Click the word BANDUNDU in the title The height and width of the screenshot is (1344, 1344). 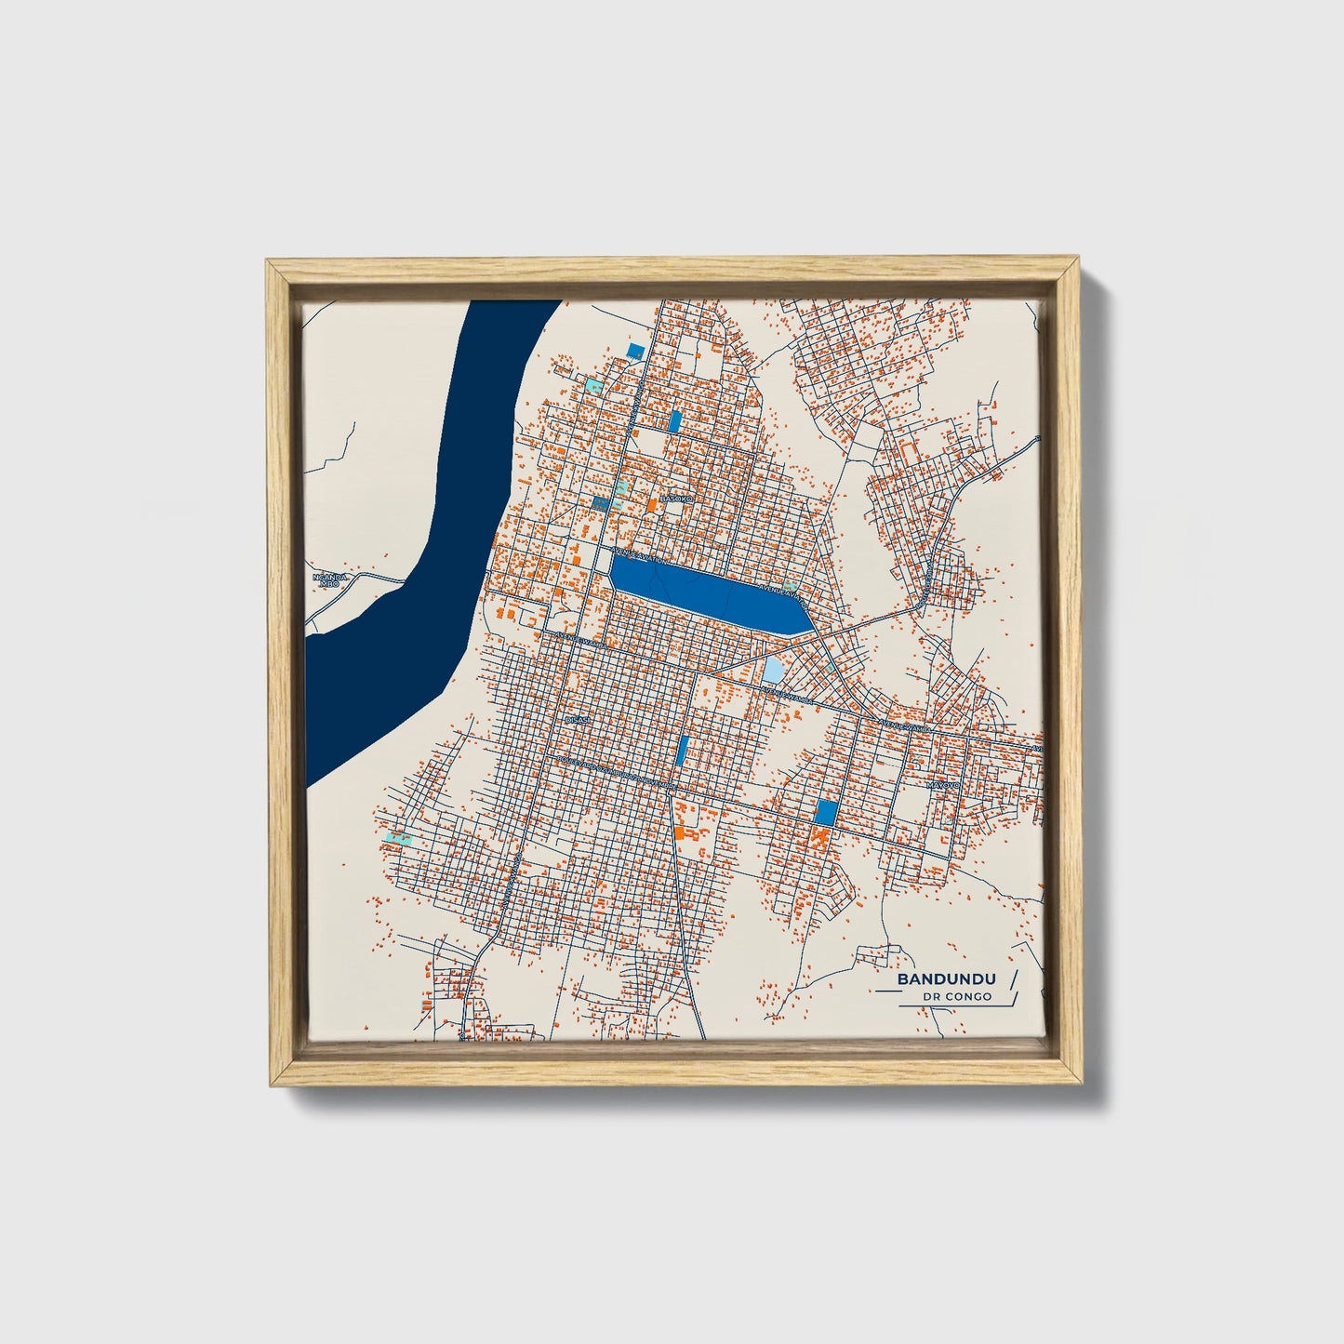(x=946, y=979)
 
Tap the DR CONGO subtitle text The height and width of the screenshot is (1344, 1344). (x=957, y=997)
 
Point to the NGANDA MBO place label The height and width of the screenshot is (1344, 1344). (x=329, y=581)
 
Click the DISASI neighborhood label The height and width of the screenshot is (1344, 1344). (x=577, y=720)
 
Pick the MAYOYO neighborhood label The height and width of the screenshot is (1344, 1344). (x=941, y=786)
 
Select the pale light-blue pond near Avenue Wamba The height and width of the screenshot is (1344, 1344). (x=774, y=670)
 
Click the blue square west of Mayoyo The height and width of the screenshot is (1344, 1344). (x=825, y=812)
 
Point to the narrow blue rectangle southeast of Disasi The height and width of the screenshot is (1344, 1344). (x=683, y=750)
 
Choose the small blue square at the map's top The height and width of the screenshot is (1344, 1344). (x=636, y=351)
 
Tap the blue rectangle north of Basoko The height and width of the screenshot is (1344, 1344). (x=675, y=421)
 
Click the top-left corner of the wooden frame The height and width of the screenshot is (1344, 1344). (x=270, y=265)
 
